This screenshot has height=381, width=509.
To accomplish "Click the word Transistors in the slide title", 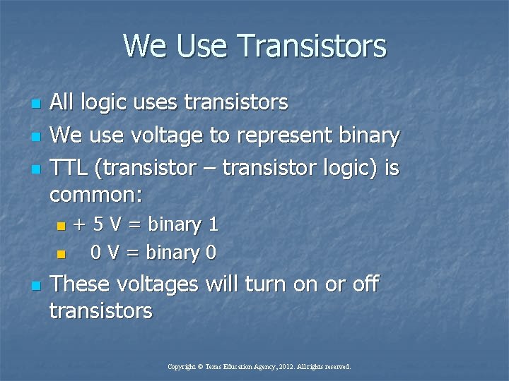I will pyautogui.click(x=312, y=47).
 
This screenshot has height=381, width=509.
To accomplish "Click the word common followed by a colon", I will pyautogui.click(x=95, y=193).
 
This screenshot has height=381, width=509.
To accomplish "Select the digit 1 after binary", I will pyautogui.click(x=212, y=225).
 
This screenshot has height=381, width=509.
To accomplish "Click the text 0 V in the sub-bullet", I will pyautogui.click(x=107, y=253).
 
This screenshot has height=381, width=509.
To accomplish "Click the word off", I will pyautogui.click(x=365, y=284).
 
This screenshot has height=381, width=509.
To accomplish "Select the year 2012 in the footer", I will pyautogui.click(x=286, y=367).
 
